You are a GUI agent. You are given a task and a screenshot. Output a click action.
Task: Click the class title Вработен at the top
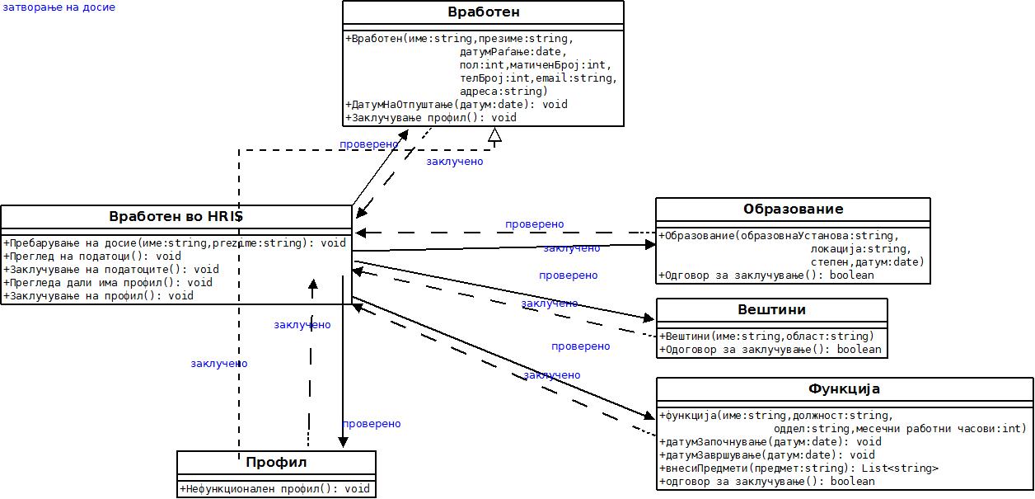pyautogui.click(x=484, y=12)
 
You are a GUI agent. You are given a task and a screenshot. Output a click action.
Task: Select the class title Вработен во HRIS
pyautogui.click(x=176, y=217)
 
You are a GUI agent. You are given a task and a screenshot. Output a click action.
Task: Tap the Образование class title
pyautogui.click(x=793, y=209)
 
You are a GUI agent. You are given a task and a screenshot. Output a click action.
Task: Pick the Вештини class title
pyautogui.click(x=771, y=309)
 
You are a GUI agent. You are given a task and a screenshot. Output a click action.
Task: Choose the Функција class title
pyautogui.click(x=845, y=388)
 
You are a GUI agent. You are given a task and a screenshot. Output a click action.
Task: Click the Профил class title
pyautogui.click(x=276, y=462)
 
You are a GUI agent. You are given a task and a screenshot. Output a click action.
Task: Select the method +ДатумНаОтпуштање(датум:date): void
pyautogui.click(x=457, y=105)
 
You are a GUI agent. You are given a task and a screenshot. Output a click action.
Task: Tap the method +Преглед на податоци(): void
pyautogui.click(x=92, y=256)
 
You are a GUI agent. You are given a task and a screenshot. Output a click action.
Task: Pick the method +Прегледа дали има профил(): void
pyautogui.click(x=108, y=282)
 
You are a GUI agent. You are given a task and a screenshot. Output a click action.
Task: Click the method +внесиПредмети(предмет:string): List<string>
pyautogui.click(x=798, y=468)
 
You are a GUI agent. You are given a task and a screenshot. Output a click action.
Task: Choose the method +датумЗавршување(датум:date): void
pyautogui.click(x=767, y=455)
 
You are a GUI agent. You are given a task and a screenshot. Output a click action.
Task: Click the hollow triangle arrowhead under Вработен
pyautogui.click(x=494, y=134)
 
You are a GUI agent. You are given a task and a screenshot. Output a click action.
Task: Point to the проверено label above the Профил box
pyautogui.click(x=372, y=424)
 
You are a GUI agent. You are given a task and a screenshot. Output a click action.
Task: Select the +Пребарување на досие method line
pyautogui.click(x=175, y=242)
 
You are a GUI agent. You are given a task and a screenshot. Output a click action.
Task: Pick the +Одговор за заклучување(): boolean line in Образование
pyautogui.click(x=766, y=275)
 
